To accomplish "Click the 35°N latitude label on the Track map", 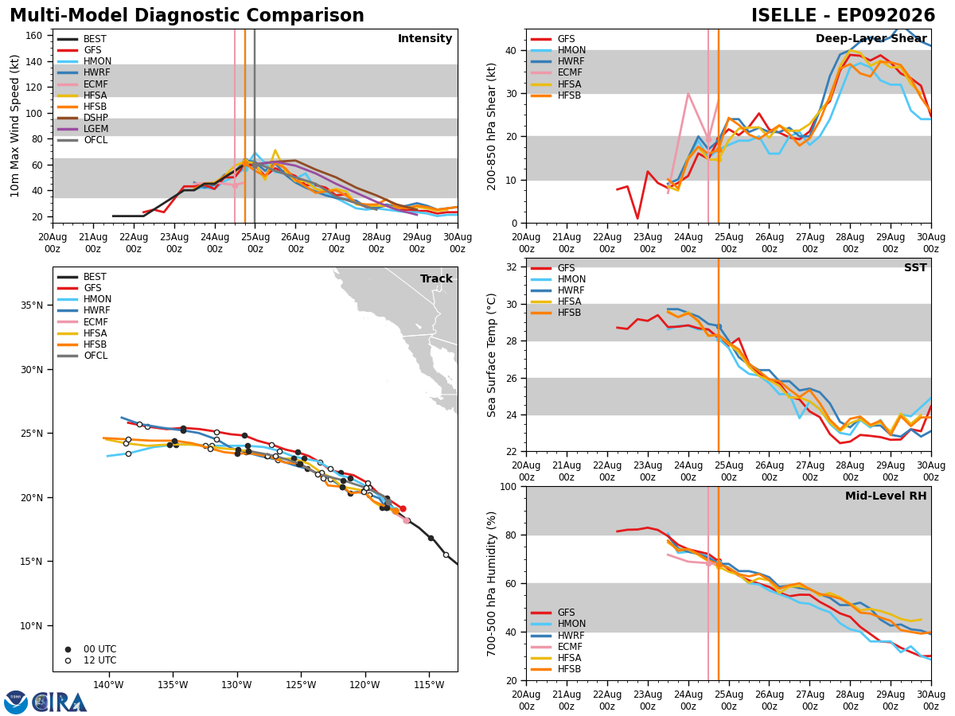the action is pyautogui.click(x=32, y=305).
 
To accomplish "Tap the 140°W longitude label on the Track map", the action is pyautogui.click(x=108, y=685).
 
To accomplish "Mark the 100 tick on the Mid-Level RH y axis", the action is pyautogui.click(x=510, y=486).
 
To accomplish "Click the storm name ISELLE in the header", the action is pyautogui.click(x=784, y=16).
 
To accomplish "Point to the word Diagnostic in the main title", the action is pyautogui.click(x=187, y=16).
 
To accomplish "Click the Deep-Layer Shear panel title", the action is pyautogui.click(x=871, y=39).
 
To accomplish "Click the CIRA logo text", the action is pyautogui.click(x=60, y=702).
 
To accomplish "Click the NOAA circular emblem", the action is pyautogui.click(x=16, y=702).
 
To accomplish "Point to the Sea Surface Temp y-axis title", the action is pyautogui.click(x=491, y=355).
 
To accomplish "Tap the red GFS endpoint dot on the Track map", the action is pyautogui.click(x=403, y=508).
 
